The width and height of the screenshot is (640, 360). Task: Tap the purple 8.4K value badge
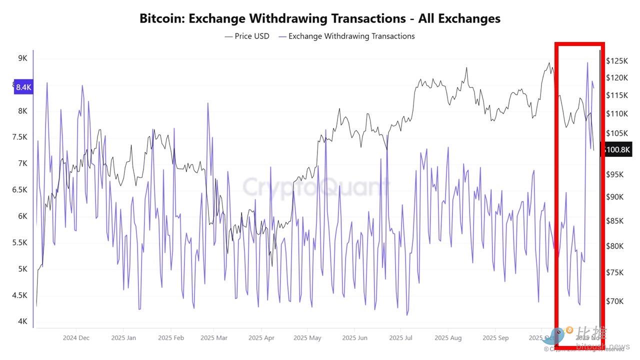[23, 87]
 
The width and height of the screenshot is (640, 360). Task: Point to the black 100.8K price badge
[617, 149]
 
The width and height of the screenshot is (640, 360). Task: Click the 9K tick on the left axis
[22, 58]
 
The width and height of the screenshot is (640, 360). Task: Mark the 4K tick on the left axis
[22, 321]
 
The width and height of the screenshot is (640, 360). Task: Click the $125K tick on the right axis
[617, 61]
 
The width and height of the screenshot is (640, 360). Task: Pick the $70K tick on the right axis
[615, 301]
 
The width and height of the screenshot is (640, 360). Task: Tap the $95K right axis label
[615, 174]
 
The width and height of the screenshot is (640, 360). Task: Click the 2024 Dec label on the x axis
[76, 338]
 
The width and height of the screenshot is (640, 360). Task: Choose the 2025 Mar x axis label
[213, 338]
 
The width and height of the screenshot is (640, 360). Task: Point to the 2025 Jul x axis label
[401, 338]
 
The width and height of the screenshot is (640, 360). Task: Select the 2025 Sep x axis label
[495, 338]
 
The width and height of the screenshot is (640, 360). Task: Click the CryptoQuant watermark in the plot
[315, 187]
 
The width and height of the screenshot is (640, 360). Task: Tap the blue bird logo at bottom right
[556, 336]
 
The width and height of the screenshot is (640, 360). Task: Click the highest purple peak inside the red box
[587, 62]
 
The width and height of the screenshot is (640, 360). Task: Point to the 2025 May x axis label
[307, 338]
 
